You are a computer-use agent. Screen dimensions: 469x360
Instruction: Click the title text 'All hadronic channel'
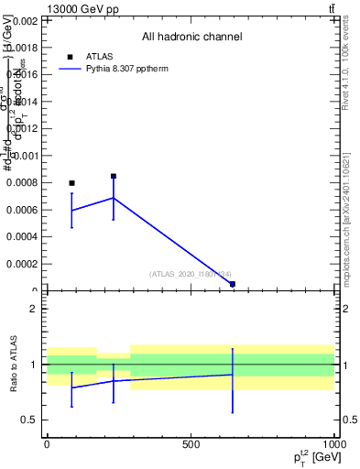pyautogui.click(x=191, y=37)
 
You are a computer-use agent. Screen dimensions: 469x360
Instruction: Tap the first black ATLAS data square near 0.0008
pyautogui.click(x=71, y=183)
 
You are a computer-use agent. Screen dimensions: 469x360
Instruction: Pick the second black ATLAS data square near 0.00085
pyautogui.click(x=114, y=176)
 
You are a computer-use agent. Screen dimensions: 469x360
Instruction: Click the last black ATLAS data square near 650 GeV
pyautogui.click(x=233, y=284)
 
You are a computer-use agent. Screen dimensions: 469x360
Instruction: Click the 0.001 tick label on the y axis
pyautogui.click(x=25, y=156)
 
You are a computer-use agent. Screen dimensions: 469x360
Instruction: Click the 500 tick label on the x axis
pyautogui.click(x=191, y=444)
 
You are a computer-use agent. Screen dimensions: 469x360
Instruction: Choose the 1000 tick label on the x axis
pyautogui.click(x=333, y=444)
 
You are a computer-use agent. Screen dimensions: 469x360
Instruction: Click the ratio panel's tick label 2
pyautogui.click(x=33, y=309)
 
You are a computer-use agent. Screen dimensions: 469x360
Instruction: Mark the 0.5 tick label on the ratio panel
pyautogui.click(x=29, y=420)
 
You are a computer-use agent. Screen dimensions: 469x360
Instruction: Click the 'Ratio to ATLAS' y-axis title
pyautogui.click(x=15, y=365)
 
